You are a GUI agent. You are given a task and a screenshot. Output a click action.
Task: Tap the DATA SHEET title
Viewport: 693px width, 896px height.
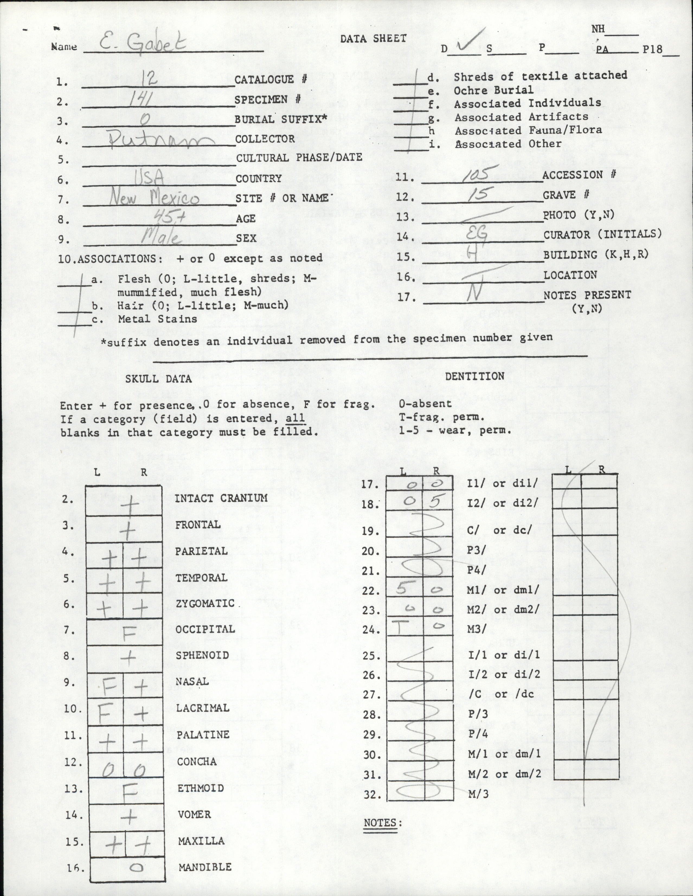coord(373,38)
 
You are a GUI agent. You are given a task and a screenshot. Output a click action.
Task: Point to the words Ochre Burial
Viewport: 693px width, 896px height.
coord(493,90)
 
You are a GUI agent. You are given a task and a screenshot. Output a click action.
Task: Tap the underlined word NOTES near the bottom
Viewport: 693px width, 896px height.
coord(380,823)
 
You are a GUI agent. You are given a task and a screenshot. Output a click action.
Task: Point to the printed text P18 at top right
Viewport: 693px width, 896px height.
coord(653,49)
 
